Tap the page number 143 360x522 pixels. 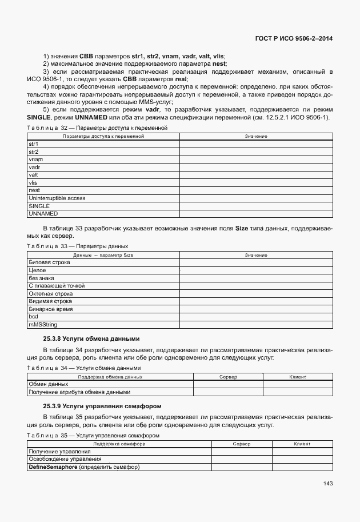tap(327, 483)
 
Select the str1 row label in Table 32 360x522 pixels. tap(33, 144)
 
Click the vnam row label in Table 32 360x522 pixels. tap(35, 160)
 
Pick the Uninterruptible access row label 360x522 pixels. tap(57, 198)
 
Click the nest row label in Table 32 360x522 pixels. tap(34, 190)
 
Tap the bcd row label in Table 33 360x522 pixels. tap(33, 316)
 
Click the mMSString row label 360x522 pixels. tap(41, 324)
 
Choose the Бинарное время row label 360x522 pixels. tap(51, 309)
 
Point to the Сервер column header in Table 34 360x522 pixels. tap(229, 377)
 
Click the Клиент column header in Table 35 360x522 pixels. tap(302, 444)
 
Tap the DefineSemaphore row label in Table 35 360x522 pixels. tap(84, 467)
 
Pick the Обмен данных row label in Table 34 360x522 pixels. tap(49, 384)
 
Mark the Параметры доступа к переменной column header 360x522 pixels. tap(103, 136)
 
